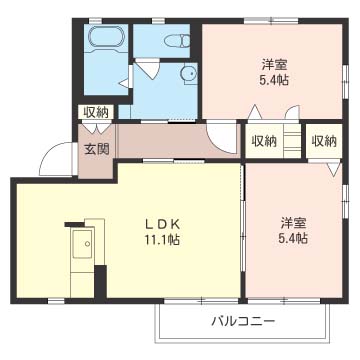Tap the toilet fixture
pos(178,40)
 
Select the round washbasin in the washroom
pos(189,74)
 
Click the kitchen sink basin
pos(83,244)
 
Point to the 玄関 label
pos(97,149)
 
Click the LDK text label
pos(162,224)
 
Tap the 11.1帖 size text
pos(162,239)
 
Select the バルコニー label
pos(244,321)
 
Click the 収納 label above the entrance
pos(96,113)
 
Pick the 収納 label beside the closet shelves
pos(264,141)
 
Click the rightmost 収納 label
pos(324,141)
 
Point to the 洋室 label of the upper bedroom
pos(275,64)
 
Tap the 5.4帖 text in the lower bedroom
pos(293,238)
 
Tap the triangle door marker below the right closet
pos(334,168)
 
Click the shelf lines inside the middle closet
pos(292,141)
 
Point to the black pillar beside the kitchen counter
pos(100,282)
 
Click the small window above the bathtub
pos(95,21)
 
